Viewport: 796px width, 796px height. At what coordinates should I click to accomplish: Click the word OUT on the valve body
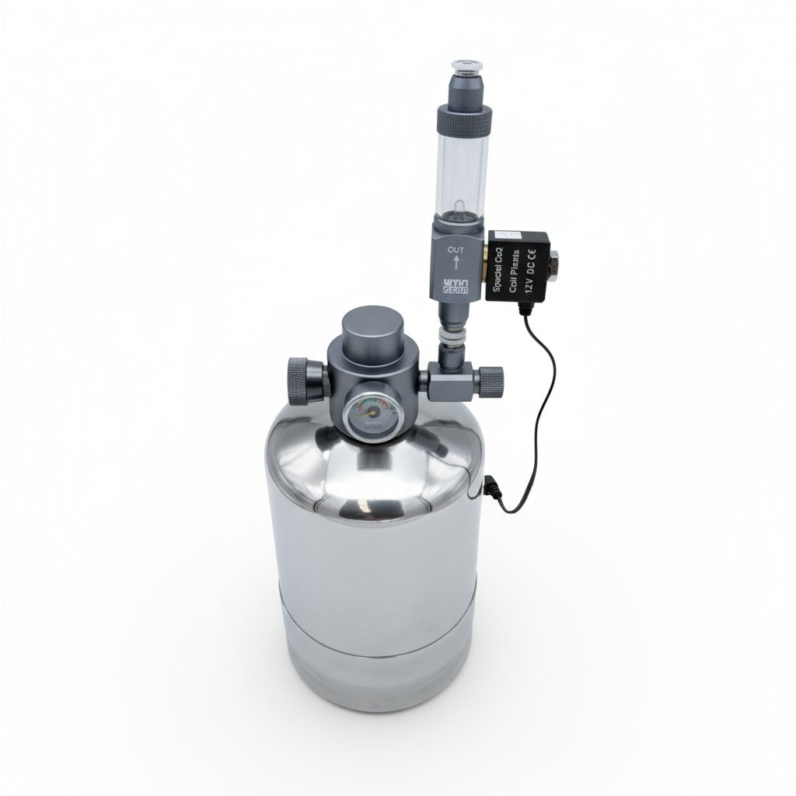457,250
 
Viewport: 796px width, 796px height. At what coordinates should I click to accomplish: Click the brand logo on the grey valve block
456,285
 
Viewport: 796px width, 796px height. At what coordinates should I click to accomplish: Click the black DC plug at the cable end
491,489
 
